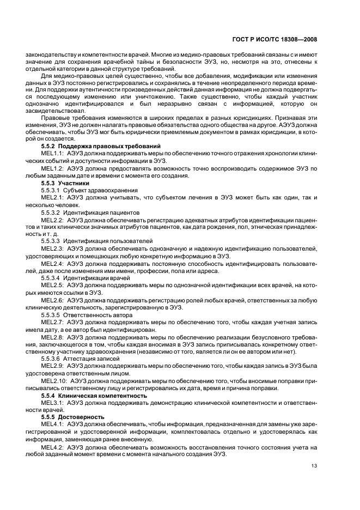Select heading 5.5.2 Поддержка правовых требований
click(x=101, y=145)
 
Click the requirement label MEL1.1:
click(x=52, y=154)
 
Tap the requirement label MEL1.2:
click(x=52, y=169)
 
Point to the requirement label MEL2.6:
click(x=52, y=300)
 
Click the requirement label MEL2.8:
click(x=52, y=337)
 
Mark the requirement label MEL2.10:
click(x=54, y=381)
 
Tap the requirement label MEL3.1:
click(x=52, y=403)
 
